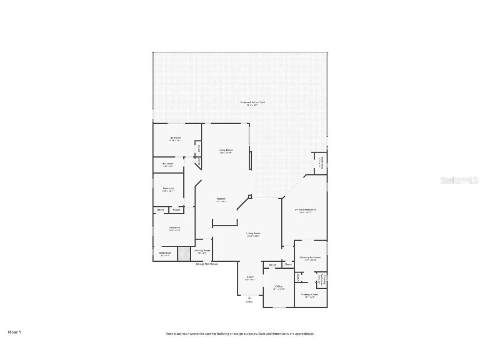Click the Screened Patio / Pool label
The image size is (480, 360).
point(252,102)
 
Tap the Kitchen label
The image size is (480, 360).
point(221,199)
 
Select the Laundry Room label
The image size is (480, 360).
point(202,250)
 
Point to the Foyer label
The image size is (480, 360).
point(250,277)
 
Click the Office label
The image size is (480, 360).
point(279,287)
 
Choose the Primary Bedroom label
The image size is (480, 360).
point(305,210)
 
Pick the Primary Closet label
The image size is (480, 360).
point(310,295)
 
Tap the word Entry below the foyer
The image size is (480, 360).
point(249,302)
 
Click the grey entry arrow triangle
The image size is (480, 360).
point(249,297)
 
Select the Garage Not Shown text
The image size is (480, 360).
point(207,264)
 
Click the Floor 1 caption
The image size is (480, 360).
point(14,332)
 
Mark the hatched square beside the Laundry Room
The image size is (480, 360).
point(183,254)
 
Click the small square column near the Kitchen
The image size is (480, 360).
point(250,196)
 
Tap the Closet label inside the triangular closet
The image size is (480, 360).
point(199,161)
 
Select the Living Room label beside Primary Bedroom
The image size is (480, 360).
point(253,233)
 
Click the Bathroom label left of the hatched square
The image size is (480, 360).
point(165,253)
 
